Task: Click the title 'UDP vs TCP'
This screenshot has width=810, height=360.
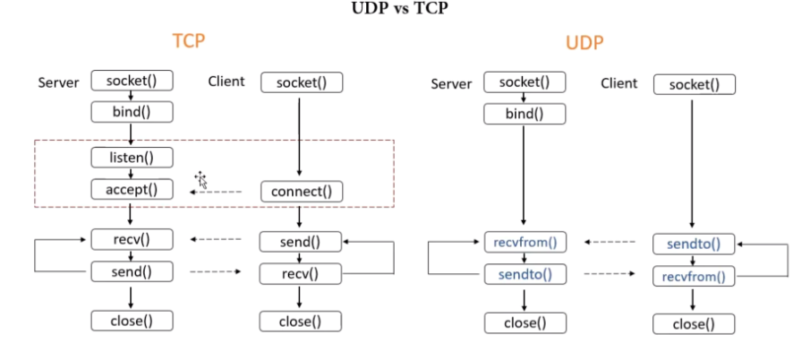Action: point(405,12)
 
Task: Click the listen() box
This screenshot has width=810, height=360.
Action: point(132,158)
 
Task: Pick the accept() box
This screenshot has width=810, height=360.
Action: point(132,189)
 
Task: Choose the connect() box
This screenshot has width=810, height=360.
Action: point(302,192)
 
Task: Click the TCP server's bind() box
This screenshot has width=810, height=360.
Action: point(132,112)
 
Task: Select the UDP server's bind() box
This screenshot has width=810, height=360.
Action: point(524,114)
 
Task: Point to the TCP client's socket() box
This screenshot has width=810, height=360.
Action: point(302,82)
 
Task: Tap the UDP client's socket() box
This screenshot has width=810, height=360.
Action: point(694,84)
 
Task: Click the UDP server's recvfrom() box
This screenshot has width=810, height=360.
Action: point(524,242)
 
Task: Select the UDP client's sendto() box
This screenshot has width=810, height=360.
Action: point(694,244)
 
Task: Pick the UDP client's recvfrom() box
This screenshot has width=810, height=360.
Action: point(694,277)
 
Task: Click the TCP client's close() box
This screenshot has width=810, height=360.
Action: point(302,321)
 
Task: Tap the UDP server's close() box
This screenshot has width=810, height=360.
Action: point(524,322)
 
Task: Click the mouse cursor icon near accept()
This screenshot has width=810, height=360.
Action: point(201,180)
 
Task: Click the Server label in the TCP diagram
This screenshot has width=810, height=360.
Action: point(58,82)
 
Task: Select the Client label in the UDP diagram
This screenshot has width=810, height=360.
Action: point(618,83)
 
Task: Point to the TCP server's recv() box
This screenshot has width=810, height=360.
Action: point(132,239)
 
